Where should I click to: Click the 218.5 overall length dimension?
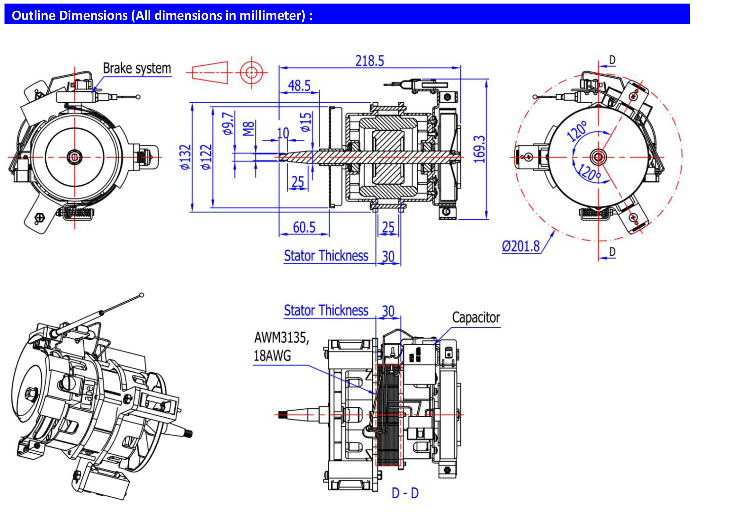pos(369,61)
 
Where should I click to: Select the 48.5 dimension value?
pos(299,86)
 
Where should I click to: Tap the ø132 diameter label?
pos(185,157)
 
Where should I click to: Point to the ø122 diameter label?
pos(206,157)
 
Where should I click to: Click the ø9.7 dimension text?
pos(228,123)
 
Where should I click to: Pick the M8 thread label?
pos(248,129)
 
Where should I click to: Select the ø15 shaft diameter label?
pos(306,122)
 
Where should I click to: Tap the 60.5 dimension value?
pos(304,227)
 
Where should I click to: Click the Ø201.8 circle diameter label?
pos(521,246)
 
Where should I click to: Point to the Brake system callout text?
pos(137,68)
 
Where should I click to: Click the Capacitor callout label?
pos(476,318)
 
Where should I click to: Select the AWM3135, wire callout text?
pos(281,338)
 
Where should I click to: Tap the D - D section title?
pos(405,493)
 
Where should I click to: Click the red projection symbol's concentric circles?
pos(251,72)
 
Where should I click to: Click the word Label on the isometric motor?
pos(89,396)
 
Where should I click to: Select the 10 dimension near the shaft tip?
pos(283,133)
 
